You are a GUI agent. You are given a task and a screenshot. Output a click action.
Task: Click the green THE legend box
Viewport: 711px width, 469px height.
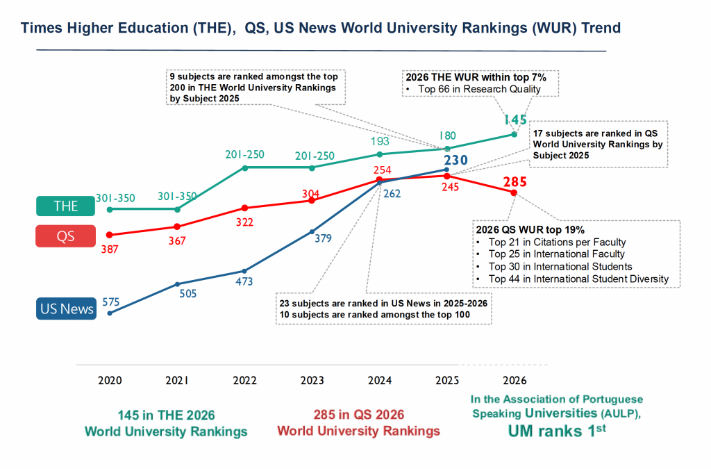[x=67, y=206]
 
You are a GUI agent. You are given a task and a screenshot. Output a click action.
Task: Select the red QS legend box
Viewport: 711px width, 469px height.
[x=67, y=237]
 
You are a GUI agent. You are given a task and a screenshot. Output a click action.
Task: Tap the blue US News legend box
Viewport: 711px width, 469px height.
[x=67, y=308]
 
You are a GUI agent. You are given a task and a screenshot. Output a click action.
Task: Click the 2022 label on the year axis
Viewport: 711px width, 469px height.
[x=244, y=381]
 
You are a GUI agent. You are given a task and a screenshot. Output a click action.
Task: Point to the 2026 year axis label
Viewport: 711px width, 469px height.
[x=515, y=381]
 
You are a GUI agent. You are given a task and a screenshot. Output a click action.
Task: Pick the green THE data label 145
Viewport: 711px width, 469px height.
[x=515, y=120]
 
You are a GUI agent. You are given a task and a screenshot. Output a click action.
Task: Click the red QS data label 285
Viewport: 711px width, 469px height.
[x=515, y=183]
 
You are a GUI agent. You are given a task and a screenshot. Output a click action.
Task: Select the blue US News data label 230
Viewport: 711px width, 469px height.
[x=455, y=160]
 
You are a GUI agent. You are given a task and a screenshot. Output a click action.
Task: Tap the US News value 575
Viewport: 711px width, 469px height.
[x=112, y=302]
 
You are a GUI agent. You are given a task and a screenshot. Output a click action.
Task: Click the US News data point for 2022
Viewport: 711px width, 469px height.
[x=244, y=271]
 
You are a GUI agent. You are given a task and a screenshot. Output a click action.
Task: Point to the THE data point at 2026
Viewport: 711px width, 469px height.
[x=515, y=134]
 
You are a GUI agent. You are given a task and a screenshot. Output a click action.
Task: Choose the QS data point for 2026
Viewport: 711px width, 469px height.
[x=514, y=192]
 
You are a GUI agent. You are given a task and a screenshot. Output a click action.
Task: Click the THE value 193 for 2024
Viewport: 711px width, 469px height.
[x=379, y=142]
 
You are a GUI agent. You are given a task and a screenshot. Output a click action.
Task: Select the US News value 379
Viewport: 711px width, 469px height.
[x=324, y=238]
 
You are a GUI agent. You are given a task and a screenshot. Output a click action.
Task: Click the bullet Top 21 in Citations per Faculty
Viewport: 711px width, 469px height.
[x=557, y=242]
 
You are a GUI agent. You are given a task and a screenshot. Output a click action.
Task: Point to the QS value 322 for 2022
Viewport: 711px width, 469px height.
[x=244, y=222]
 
